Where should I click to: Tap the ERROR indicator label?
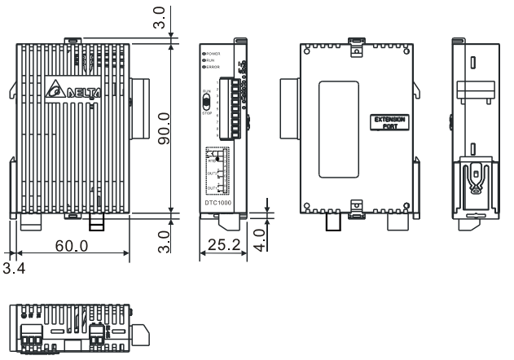[x=216, y=66]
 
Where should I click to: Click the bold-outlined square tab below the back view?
[x=332, y=224]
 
